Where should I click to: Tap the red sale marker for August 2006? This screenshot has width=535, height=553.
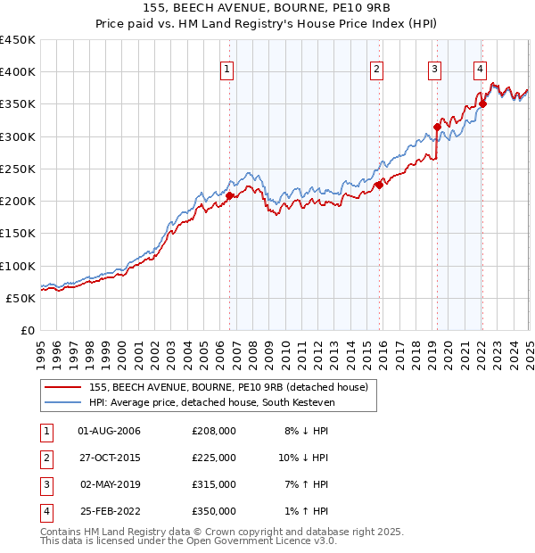pyautogui.click(x=229, y=195)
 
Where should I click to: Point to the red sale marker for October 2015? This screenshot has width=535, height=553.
pyautogui.click(x=378, y=185)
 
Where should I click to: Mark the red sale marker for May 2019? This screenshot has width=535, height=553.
pyautogui.click(x=437, y=127)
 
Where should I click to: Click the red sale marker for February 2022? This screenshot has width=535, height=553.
pyautogui.click(x=482, y=103)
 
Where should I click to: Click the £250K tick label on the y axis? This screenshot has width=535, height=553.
pyautogui.click(x=18, y=169)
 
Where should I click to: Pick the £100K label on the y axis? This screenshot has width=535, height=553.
pyautogui.click(x=18, y=266)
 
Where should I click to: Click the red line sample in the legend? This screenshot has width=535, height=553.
pyautogui.click(x=62, y=387)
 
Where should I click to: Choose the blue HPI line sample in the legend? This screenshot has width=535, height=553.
pyautogui.click(x=62, y=402)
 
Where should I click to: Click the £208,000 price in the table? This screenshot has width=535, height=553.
pyautogui.click(x=214, y=431)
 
